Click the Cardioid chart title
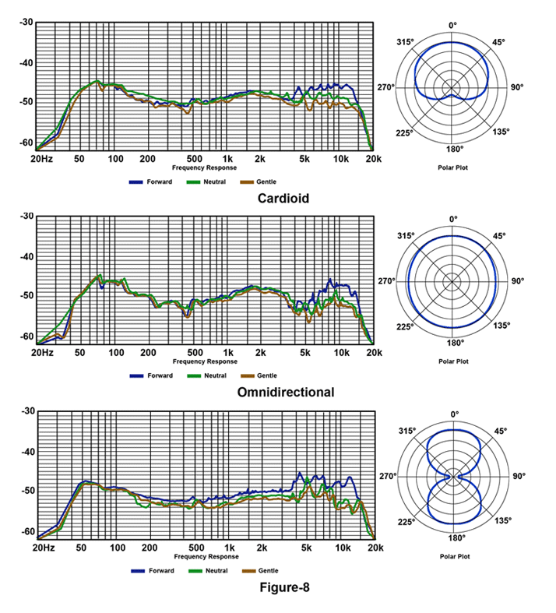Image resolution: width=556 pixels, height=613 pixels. point(283,199)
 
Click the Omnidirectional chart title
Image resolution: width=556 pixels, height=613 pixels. point(285,393)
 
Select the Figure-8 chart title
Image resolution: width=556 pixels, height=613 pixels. point(284,587)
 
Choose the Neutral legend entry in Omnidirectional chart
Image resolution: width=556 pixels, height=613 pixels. point(210,376)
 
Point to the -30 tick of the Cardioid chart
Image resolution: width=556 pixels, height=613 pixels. point(25,22)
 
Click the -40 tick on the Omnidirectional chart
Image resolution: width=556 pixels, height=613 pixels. point(25,256)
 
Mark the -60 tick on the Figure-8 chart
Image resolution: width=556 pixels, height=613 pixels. point(25,531)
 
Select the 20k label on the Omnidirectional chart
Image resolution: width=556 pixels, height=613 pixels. point(372,354)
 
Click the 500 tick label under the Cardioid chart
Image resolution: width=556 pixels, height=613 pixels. point(195,159)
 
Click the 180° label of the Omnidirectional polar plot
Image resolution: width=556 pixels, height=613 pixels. point(454,343)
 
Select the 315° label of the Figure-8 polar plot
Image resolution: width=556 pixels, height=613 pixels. point(407,431)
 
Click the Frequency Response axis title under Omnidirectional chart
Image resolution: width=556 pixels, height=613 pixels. point(206,361)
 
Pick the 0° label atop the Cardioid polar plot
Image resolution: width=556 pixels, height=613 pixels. point(454,26)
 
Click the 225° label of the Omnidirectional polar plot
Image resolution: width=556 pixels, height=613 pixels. point(405,326)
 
